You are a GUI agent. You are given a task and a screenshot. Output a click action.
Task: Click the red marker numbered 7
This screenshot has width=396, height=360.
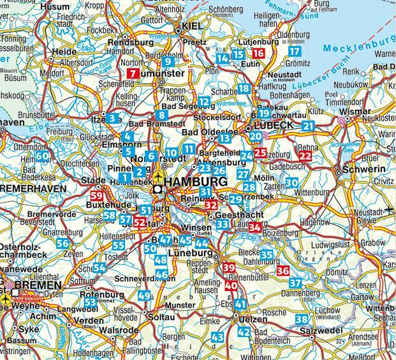(x=133, y=73)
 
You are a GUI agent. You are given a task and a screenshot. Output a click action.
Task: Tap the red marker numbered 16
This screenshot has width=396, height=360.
(x=258, y=54)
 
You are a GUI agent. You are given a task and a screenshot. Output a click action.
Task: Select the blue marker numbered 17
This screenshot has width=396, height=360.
(x=294, y=51)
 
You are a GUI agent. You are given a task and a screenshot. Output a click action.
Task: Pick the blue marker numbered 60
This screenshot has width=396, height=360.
(x=42, y=156)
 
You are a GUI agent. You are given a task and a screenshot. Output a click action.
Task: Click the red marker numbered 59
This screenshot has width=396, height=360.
(x=98, y=196)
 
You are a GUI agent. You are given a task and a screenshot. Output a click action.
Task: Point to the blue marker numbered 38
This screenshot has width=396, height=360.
(x=302, y=319)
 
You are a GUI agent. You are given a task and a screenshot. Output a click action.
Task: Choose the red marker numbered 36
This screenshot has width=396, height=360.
(x=284, y=271)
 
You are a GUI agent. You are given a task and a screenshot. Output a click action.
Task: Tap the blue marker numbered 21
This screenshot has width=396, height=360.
(x=309, y=126)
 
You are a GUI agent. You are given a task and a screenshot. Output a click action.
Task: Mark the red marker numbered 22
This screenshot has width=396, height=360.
(x=306, y=155)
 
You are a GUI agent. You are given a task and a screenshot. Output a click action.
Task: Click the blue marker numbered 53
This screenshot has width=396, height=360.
(x=91, y=301)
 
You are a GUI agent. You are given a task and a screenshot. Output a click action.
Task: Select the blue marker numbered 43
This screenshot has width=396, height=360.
(x=217, y=336)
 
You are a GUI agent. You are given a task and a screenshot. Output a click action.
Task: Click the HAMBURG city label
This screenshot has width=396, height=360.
(x=196, y=183)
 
